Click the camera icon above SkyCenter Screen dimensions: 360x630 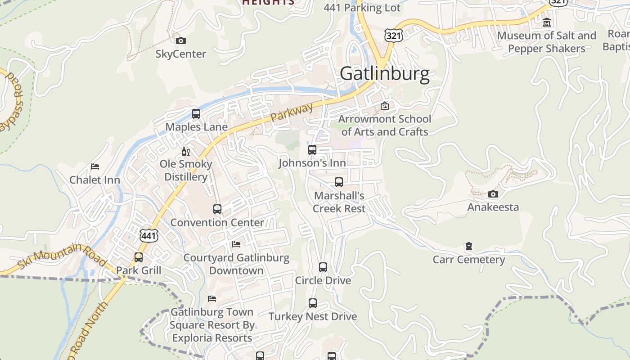tap(180, 41)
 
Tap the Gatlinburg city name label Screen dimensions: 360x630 tap(385, 74)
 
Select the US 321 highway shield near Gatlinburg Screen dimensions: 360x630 tap(393, 35)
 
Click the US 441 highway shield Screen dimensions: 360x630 tap(148, 235)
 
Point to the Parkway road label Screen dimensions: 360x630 tap(292, 113)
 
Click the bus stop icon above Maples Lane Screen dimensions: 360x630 tap(196, 114)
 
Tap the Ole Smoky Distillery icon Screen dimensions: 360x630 tap(185, 152)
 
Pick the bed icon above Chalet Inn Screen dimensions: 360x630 tap(94, 166)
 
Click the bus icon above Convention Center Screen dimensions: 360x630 tap(217, 209)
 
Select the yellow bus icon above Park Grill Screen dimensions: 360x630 tap(139, 257)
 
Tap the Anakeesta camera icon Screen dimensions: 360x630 tap(493, 194)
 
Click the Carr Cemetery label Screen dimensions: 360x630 tap(469, 260)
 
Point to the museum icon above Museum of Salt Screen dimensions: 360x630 tap(547, 22)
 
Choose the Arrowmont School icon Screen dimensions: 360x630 tap(385, 106)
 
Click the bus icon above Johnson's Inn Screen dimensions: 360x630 tap(312, 150)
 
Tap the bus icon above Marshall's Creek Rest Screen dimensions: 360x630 tap(339, 182)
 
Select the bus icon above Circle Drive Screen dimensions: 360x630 tap(323, 267)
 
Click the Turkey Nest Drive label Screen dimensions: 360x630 tap(313, 316)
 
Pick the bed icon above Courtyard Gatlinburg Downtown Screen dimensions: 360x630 tap(236, 244)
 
